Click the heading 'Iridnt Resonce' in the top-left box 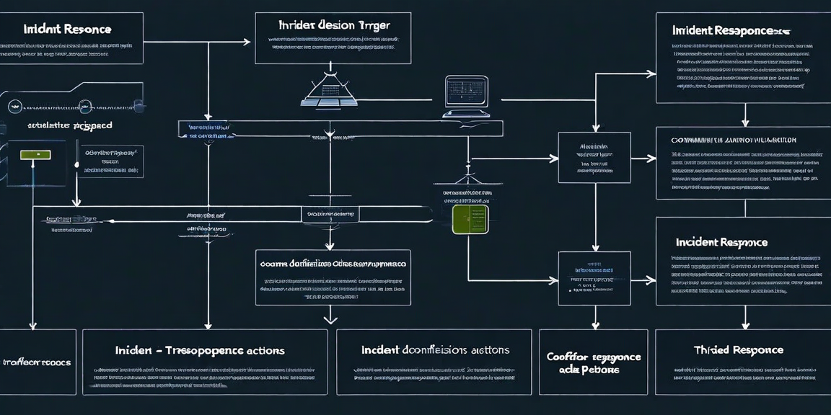click(x=67, y=30)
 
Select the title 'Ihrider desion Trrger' click(x=333, y=25)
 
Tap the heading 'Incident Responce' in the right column click(x=721, y=243)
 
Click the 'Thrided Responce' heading click(x=738, y=349)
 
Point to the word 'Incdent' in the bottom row click(x=381, y=349)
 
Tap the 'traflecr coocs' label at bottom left click(x=37, y=362)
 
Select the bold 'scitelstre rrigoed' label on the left click(x=69, y=125)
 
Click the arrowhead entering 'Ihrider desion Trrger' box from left click(x=247, y=42)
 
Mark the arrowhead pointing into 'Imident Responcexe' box click(x=651, y=73)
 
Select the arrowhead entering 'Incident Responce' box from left click(x=651, y=279)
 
